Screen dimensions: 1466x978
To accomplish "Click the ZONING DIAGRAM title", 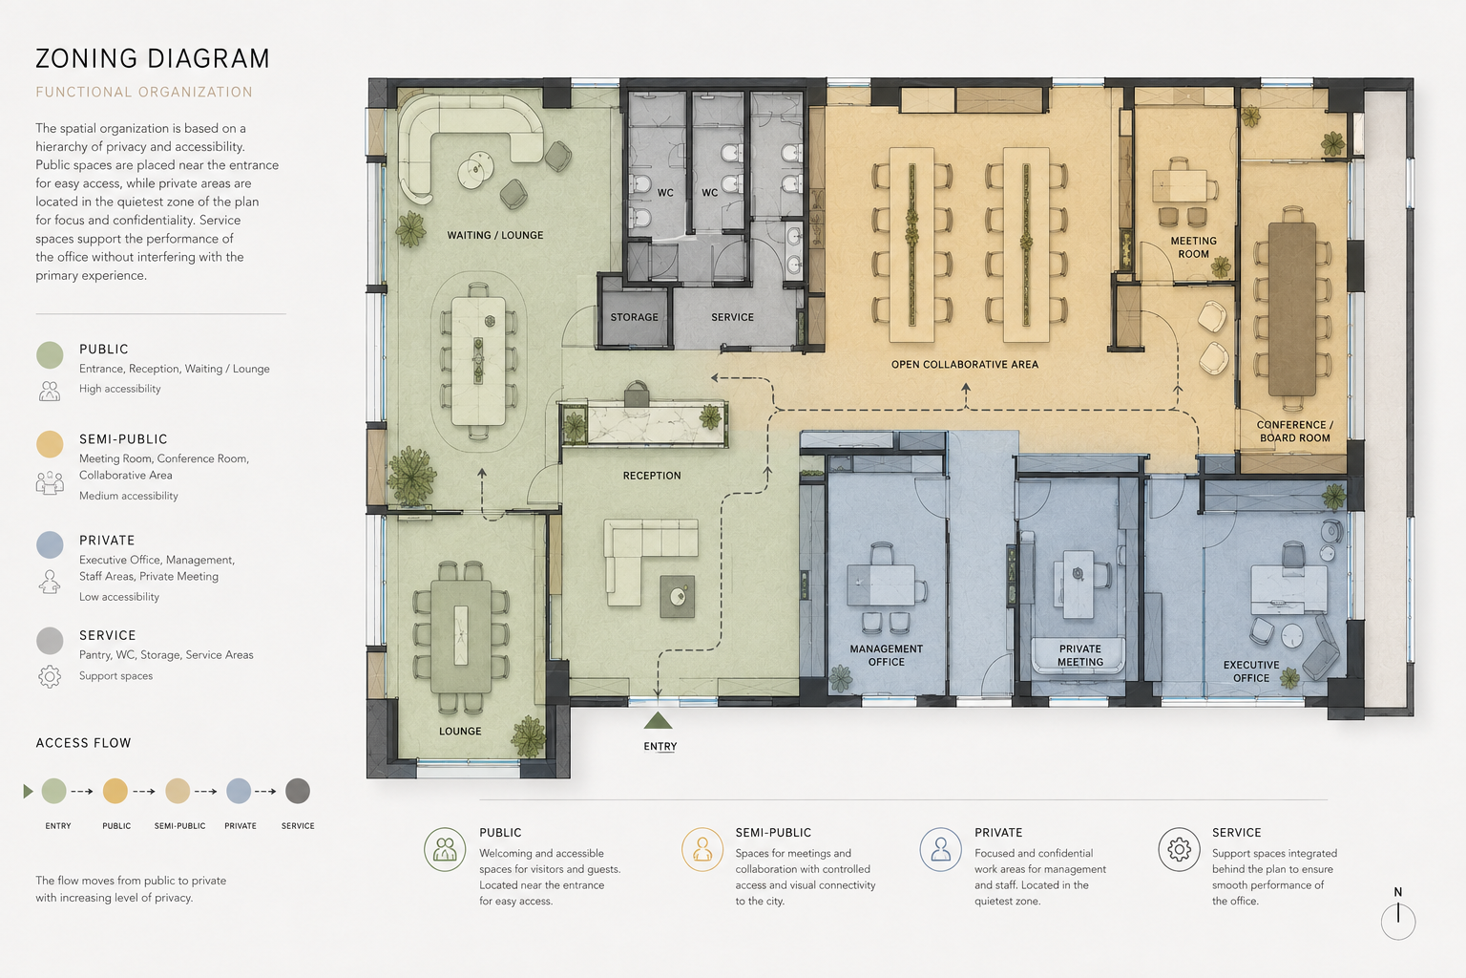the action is click(153, 58).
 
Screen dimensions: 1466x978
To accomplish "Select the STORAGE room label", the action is click(634, 317).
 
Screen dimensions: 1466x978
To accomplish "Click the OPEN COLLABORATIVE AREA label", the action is click(965, 364).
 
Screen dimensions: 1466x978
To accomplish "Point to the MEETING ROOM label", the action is click(1194, 247).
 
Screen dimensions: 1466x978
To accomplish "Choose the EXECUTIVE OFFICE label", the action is click(1251, 671).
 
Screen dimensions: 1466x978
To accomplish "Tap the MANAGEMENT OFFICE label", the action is click(886, 655).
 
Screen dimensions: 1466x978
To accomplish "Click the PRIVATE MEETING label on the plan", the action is click(1079, 655).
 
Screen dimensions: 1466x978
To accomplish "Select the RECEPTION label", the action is click(652, 476).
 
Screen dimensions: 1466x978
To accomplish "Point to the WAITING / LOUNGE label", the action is click(494, 235).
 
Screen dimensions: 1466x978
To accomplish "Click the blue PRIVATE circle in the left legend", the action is click(50, 544).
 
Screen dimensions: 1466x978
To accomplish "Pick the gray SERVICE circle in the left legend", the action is click(50, 640).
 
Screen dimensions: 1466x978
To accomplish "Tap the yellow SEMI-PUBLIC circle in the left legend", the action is click(50, 443).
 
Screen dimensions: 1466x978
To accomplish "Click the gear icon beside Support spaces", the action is click(49, 676).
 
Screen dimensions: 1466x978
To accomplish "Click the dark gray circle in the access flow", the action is click(298, 791).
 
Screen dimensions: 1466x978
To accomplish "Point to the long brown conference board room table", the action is click(1292, 309).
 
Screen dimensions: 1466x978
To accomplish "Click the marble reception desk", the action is click(644, 422).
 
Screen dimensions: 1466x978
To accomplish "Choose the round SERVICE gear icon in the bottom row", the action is click(1179, 850).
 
